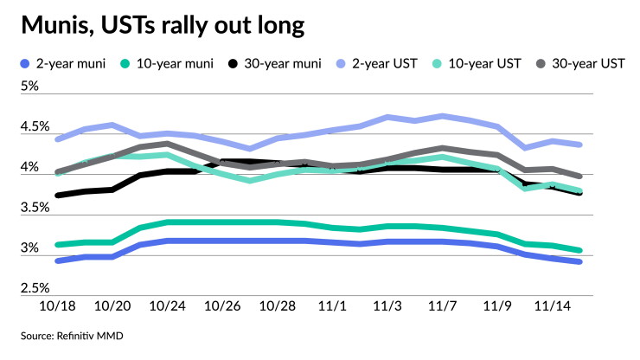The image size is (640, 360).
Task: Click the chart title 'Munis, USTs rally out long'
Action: (163, 25)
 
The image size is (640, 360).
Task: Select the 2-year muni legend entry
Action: (63, 64)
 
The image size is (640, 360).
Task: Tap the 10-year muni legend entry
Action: (167, 64)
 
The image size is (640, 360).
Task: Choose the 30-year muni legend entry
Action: (275, 64)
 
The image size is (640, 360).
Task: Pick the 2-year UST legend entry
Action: (377, 64)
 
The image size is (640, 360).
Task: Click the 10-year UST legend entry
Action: (477, 64)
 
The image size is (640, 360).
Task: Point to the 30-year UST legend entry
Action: (580, 64)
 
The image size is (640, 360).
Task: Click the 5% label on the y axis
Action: (29, 87)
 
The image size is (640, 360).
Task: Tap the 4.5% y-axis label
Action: (35, 126)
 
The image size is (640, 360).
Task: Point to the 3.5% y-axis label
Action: (35, 208)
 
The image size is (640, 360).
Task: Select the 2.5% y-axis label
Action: (35, 288)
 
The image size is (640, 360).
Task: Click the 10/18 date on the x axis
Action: (57, 306)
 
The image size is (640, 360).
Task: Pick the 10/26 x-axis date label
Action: (222, 306)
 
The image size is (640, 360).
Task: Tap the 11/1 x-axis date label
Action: (332, 306)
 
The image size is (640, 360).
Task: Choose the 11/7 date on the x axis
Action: (442, 306)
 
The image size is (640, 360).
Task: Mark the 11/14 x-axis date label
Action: (553, 306)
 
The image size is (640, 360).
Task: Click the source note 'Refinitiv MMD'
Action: (90, 336)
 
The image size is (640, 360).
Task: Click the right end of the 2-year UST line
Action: (579, 145)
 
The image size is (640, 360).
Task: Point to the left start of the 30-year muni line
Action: (58, 196)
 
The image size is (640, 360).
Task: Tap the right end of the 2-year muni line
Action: (579, 261)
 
